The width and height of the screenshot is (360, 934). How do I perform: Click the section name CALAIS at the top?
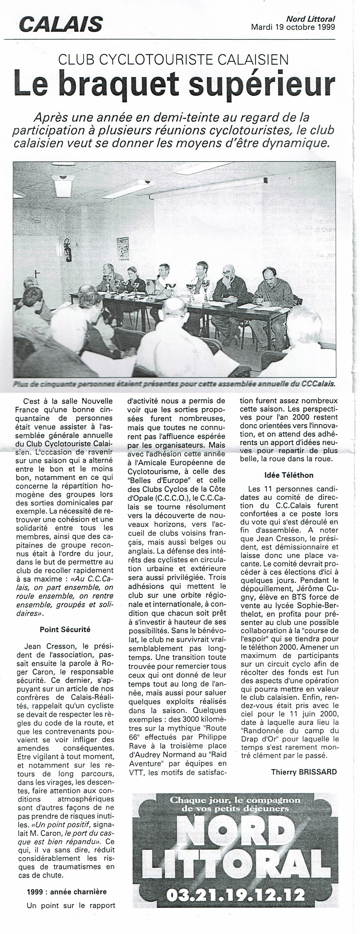coord(61,25)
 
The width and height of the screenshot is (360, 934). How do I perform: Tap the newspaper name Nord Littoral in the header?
coord(311,19)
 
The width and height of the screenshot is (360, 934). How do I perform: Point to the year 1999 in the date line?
coord(325,27)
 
